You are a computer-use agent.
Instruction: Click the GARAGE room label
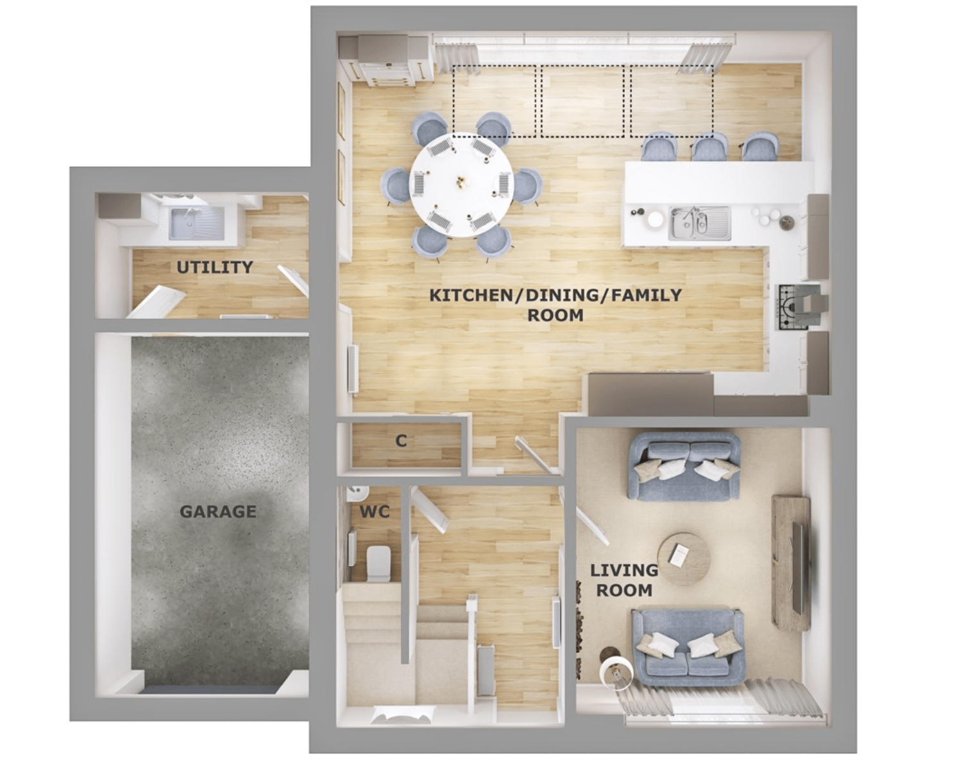point(218,511)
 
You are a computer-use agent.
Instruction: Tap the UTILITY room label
point(215,268)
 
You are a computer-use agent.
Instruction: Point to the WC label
point(375,512)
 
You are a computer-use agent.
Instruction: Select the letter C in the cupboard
point(401,441)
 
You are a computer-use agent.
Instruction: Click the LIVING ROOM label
point(624,580)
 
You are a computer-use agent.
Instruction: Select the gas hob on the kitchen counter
point(793,307)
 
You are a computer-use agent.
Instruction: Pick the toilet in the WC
point(378,563)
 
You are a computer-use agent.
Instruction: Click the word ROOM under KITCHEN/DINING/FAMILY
point(555,316)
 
